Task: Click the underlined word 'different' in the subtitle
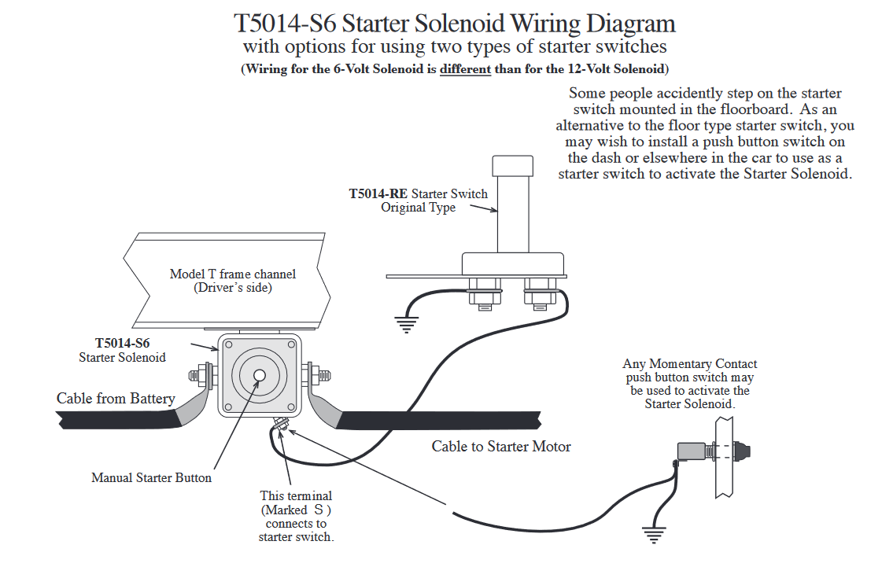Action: [x=465, y=69]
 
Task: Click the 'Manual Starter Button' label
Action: [x=151, y=477]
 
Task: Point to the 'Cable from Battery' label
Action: [x=116, y=399]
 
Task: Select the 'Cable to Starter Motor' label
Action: [x=501, y=447]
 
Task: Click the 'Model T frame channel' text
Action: [x=233, y=274]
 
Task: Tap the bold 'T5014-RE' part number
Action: [x=378, y=193]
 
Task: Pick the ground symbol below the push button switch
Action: [x=652, y=535]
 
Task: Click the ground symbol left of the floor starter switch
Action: [x=406, y=323]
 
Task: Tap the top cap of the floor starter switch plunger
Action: [x=513, y=166]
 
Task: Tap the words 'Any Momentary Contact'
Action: [x=689, y=364]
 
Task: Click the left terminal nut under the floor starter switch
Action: [x=481, y=294]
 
